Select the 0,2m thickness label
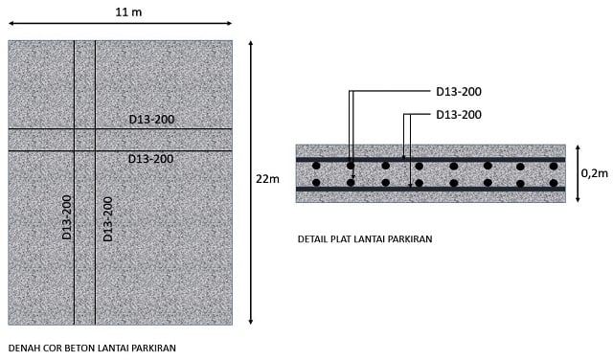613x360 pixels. [x=594, y=173]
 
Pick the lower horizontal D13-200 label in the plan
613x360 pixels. [x=151, y=159]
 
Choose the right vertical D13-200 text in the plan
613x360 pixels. [x=107, y=219]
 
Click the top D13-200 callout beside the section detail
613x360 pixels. [x=459, y=92]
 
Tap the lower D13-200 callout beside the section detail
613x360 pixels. [x=459, y=115]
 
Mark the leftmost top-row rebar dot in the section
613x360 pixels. [x=316, y=166]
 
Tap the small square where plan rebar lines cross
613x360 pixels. [x=84, y=140]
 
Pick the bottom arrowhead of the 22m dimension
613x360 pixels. [x=251, y=322]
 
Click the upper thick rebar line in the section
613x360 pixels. [x=430, y=158]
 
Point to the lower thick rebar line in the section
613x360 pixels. [x=430, y=190]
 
